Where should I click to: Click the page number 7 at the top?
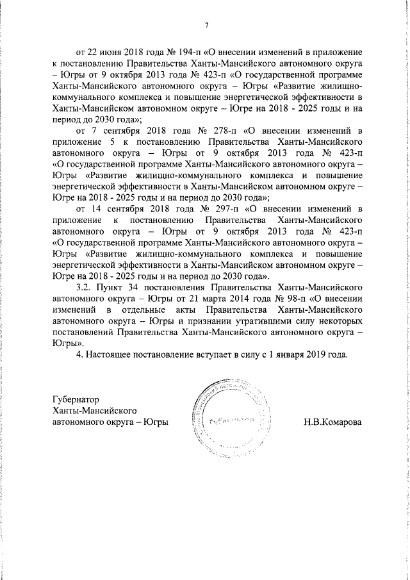206,25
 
